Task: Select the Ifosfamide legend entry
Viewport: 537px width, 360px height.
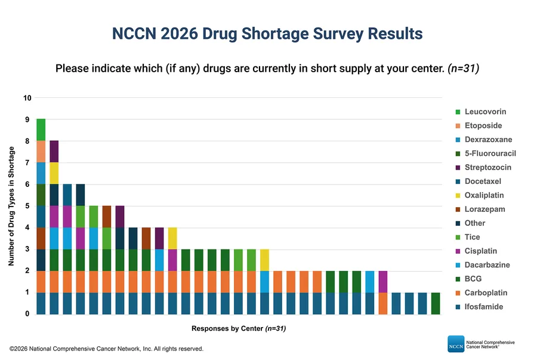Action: pyautogui.click(x=480, y=307)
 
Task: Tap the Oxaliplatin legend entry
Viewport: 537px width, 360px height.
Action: pyautogui.click(x=480, y=195)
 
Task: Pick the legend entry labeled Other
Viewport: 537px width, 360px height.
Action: pyautogui.click(x=470, y=223)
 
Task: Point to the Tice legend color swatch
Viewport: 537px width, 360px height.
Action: pyautogui.click(x=458, y=237)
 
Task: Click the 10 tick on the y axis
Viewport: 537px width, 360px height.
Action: pyautogui.click(x=27, y=98)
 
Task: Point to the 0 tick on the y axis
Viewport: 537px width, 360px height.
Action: pyautogui.click(x=27, y=314)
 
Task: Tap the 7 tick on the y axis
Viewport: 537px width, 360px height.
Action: pyautogui.click(x=27, y=163)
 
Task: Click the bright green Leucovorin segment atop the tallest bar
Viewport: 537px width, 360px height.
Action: pyautogui.click(x=41, y=130)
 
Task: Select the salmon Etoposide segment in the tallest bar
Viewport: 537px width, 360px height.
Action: pyautogui.click(x=41, y=152)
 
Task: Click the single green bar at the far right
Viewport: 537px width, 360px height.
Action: pyautogui.click(x=436, y=303)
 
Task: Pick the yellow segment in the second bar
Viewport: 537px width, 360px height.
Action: pyautogui.click(x=54, y=173)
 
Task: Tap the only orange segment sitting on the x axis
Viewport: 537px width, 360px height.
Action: pyautogui.click(x=383, y=303)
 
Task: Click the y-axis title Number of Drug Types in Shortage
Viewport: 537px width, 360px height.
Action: pyautogui.click(x=11, y=206)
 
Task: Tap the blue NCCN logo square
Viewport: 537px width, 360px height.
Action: pyautogui.click(x=456, y=344)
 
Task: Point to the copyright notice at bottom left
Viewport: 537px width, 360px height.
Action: pyautogui.click(x=107, y=349)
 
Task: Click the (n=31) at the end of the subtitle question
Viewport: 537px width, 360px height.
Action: pyautogui.click(x=464, y=69)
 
